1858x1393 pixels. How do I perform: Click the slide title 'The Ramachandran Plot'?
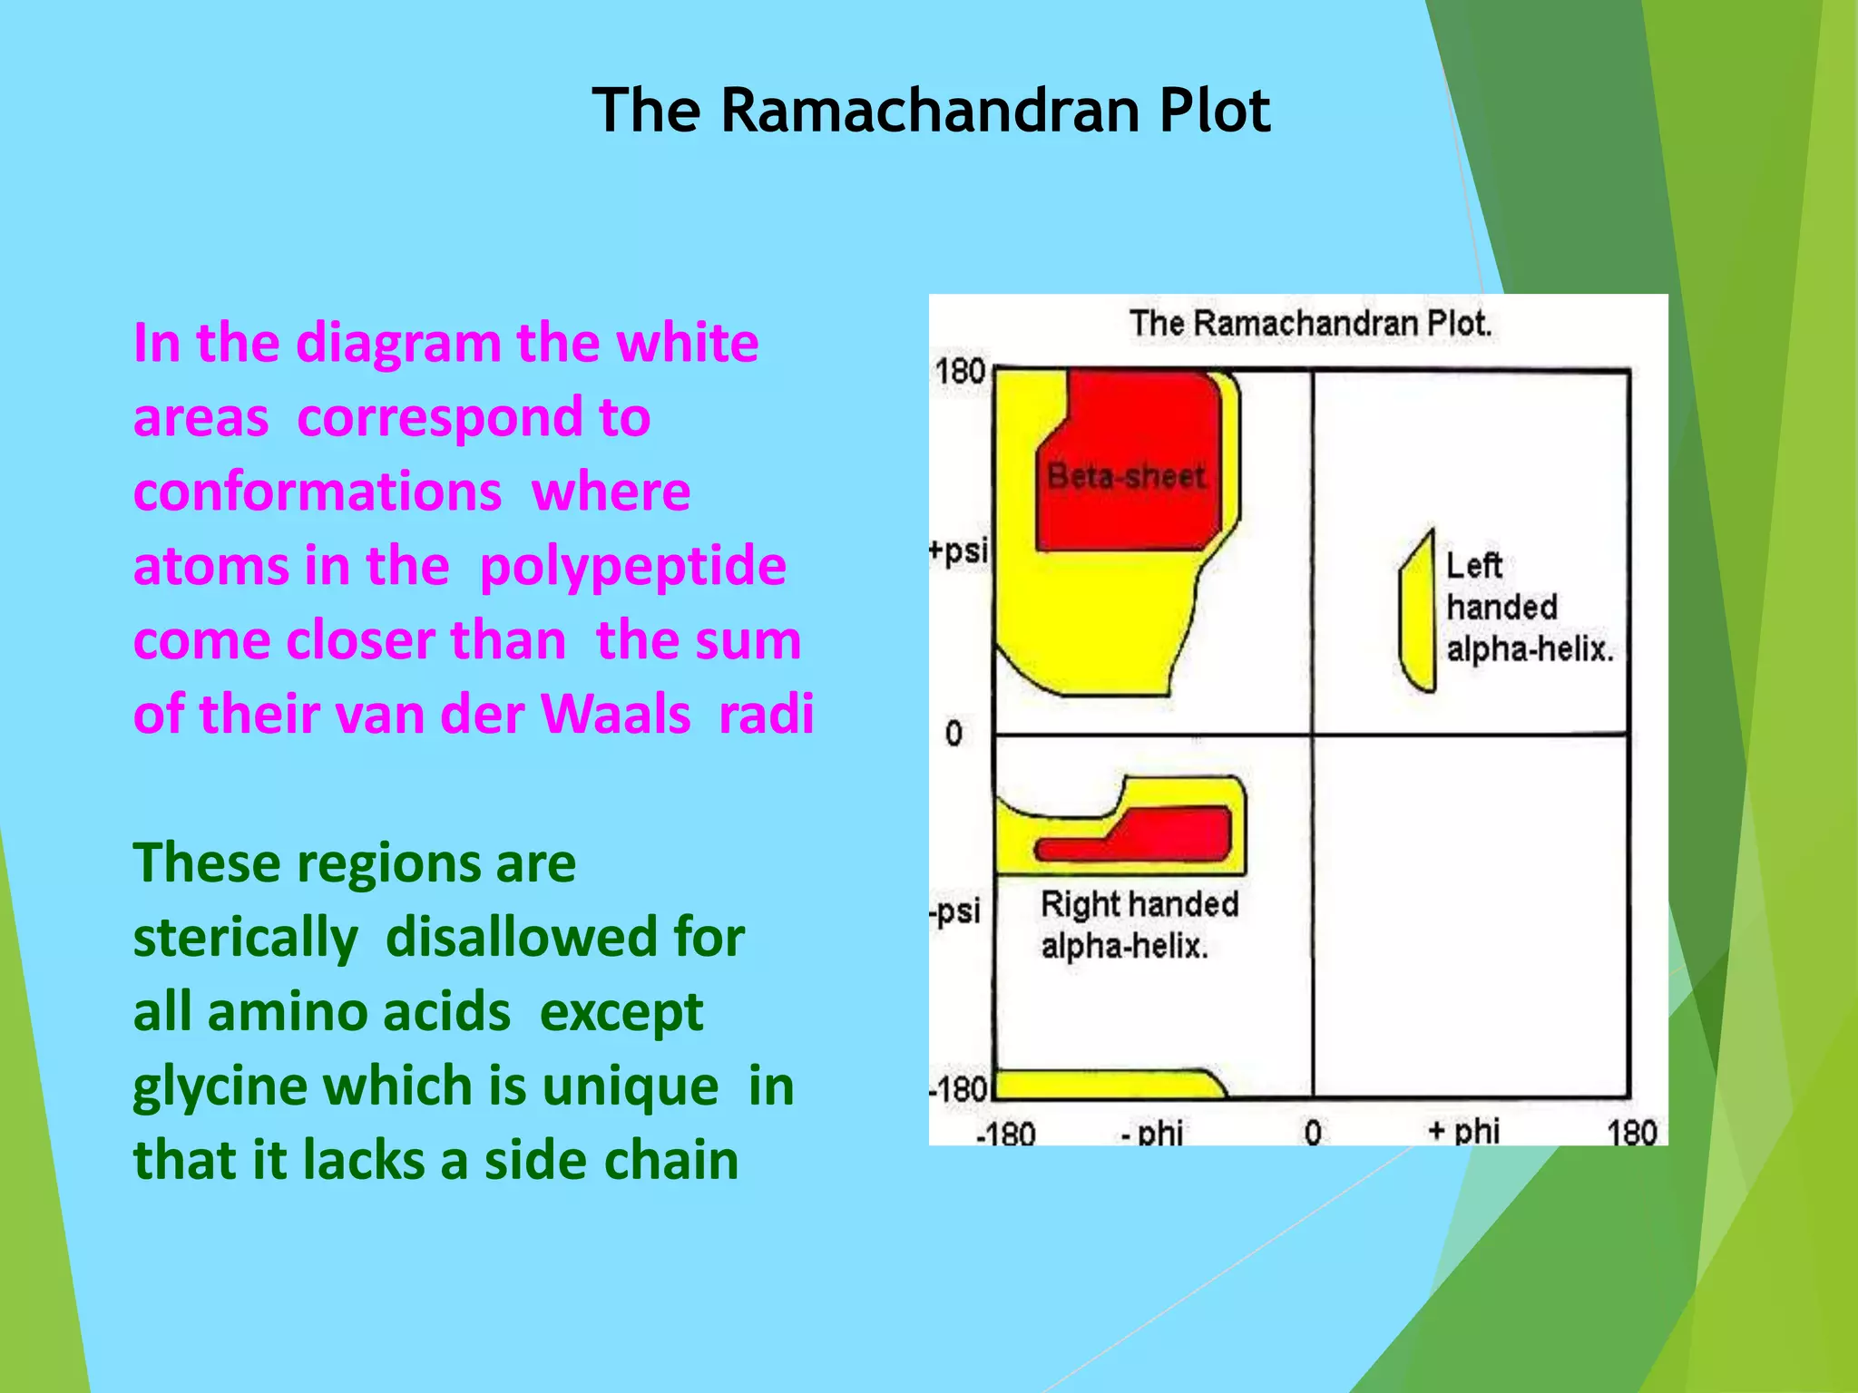(x=931, y=111)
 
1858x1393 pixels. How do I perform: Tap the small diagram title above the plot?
(x=1310, y=324)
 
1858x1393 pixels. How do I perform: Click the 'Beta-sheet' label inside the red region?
(x=1126, y=476)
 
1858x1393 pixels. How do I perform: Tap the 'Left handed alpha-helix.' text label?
(x=1529, y=607)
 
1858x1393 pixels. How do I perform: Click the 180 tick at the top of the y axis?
(x=960, y=371)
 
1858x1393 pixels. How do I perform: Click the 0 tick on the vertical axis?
(x=953, y=733)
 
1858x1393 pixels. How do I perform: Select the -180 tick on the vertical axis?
(x=958, y=1089)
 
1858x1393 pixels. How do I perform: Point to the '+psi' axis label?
(x=959, y=550)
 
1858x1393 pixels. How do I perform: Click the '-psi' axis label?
(x=955, y=911)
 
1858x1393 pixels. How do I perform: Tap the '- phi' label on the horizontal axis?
(x=1152, y=1132)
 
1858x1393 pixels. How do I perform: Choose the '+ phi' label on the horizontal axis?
(x=1463, y=1131)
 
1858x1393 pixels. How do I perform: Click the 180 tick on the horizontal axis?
(x=1631, y=1133)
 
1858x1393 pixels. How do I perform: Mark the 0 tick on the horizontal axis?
(x=1313, y=1133)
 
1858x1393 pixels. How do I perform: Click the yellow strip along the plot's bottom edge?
(x=1107, y=1085)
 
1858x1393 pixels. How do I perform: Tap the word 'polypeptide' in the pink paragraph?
(x=632, y=566)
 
